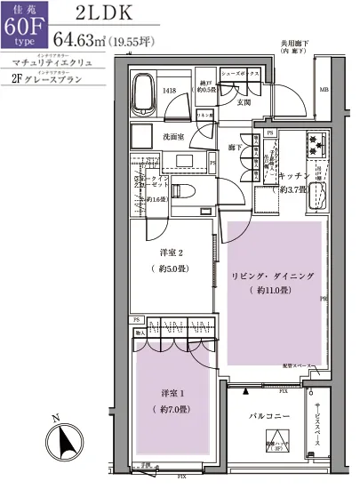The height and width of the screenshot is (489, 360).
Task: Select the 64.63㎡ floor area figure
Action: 80,39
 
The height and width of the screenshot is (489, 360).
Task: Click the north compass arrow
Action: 62,441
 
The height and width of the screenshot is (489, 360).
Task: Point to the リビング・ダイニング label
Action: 272,277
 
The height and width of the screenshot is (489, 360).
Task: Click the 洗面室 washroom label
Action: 172,136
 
